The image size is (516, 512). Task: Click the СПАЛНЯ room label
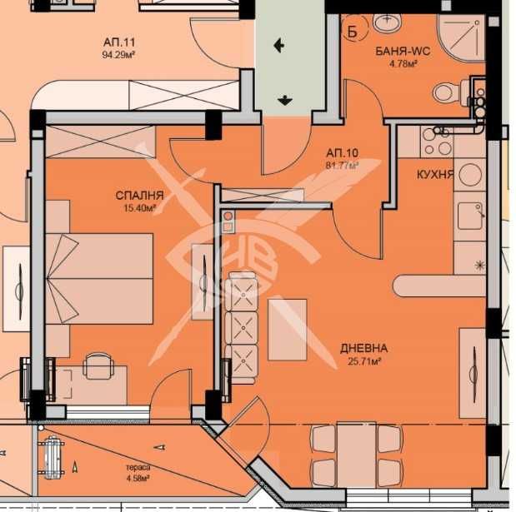[139, 196]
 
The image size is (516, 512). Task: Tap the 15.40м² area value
[139, 207]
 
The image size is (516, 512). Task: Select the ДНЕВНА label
[364, 348]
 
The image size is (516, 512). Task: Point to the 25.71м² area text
[364, 361]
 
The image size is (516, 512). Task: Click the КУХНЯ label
[435, 175]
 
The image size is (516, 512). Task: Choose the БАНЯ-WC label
[403, 52]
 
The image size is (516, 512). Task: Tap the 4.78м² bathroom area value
[403, 64]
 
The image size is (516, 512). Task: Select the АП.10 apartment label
[343, 153]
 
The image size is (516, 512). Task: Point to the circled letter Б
[352, 32]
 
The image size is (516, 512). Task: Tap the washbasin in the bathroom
[387, 22]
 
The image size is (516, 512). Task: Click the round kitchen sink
[469, 175]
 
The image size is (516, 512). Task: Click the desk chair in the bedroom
[98, 365]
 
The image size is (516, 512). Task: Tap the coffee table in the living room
[288, 330]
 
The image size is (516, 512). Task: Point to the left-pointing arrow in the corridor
[279, 45]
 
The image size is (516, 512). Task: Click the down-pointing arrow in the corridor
[284, 100]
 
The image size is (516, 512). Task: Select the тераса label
[138, 467]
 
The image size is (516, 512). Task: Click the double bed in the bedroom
[99, 279]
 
